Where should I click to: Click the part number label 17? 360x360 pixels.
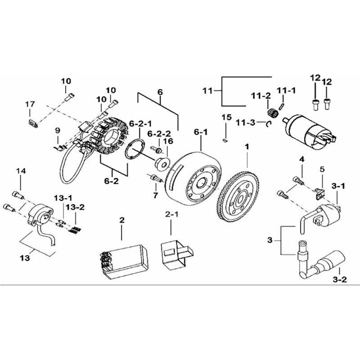pos(30,104)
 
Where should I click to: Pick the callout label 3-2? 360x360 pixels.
pos(340,279)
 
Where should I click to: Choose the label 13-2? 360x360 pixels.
pos(75,207)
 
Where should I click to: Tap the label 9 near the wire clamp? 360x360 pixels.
pos(58,130)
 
